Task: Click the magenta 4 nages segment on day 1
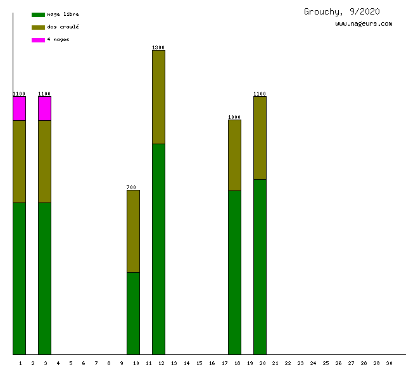(19, 108)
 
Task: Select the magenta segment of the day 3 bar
(44, 108)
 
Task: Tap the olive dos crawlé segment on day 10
(133, 231)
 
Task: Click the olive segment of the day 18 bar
(234, 155)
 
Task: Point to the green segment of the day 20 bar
(260, 266)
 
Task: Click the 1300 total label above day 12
(158, 47)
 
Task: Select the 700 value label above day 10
(132, 187)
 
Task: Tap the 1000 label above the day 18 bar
(234, 117)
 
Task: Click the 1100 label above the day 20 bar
(260, 94)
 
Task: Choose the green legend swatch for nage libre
(38, 15)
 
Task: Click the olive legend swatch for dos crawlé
(38, 27)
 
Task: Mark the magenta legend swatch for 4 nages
(38, 40)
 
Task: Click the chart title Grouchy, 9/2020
(342, 11)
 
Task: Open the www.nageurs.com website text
(364, 24)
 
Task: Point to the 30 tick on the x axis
(389, 363)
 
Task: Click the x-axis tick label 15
(199, 363)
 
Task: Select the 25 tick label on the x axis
(326, 363)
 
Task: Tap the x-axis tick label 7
(96, 363)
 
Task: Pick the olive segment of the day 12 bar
(158, 97)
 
